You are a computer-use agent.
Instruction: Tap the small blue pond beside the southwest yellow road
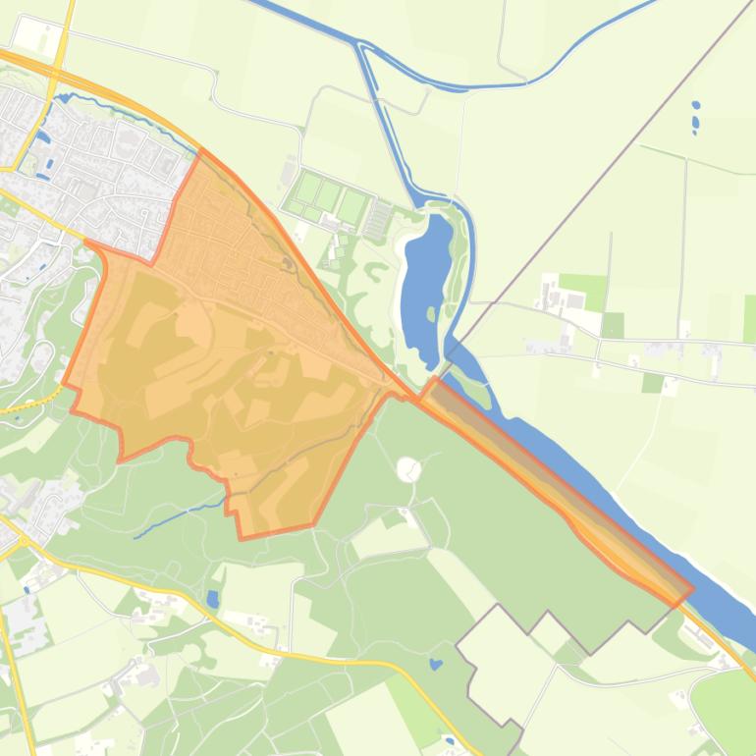pyautogui.click(x=213, y=597)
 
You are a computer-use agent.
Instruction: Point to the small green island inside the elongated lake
pyautogui.click(x=430, y=314)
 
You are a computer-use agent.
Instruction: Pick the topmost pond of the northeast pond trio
pyautogui.click(x=695, y=105)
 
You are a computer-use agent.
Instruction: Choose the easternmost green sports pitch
pyautogui.click(x=353, y=207)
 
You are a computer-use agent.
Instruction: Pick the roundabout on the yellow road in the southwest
pyautogui.click(x=22, y=540)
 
